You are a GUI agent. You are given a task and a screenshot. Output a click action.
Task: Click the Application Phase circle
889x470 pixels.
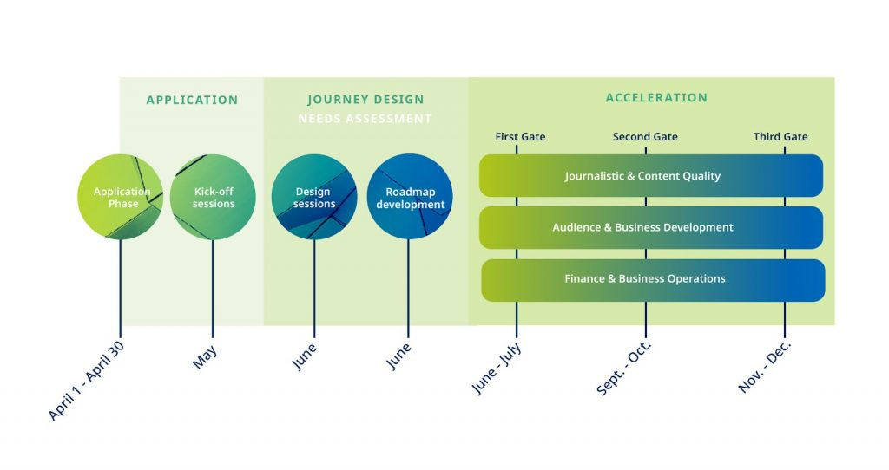(120, 197)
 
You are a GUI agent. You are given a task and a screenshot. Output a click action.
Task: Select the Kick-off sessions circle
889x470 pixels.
(213, 197)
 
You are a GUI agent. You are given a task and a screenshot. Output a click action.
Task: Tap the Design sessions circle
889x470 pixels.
(313, 197)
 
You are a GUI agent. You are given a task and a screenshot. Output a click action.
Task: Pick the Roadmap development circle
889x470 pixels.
(410, 197)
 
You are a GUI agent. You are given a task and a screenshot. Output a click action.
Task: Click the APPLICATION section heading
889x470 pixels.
(192, 100)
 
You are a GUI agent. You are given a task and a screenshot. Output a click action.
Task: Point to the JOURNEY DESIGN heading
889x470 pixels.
(365, 100)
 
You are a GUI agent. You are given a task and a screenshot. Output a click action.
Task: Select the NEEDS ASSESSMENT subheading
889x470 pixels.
(365, 119)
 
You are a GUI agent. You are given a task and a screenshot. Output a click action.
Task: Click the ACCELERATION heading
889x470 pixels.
(656, 98)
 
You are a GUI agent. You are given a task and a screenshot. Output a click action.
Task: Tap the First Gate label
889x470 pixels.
(520, 137)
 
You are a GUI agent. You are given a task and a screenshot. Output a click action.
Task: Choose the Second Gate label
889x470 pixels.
(645, 137)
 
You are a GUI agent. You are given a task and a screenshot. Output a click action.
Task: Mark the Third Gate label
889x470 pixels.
(780, 137)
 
